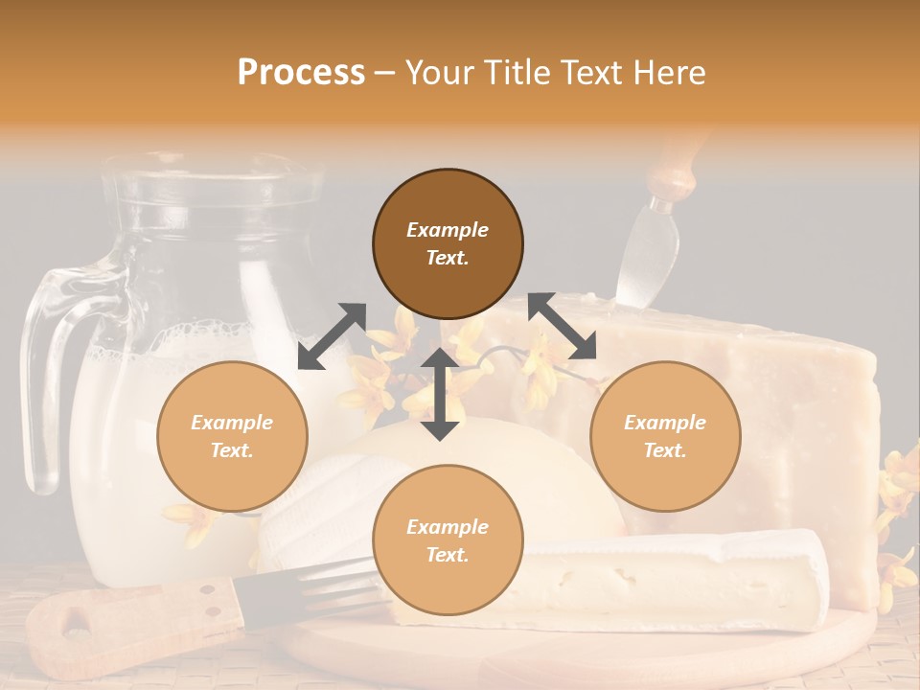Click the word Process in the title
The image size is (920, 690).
pyautogui.click(x=301, y=72)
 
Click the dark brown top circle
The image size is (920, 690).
pyautogui.click(x=448, y=243)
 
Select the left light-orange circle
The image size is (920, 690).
pyautogui.click(x=232, y=436)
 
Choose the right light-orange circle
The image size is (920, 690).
pyautogui.click(x=665, y=436)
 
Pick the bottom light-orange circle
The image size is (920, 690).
pyautogui.click(x=448, y=540)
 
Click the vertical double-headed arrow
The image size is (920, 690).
pyautogui.click(x=440, y=394)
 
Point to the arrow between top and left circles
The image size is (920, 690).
pyautogui.click(x=332, y=336)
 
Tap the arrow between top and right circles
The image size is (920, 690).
pyautogui.click(x=562, y=326)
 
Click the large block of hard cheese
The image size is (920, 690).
pyautogui.click(x=767, y=412)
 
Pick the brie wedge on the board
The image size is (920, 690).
pyautogui.click(x=671, y=580)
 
